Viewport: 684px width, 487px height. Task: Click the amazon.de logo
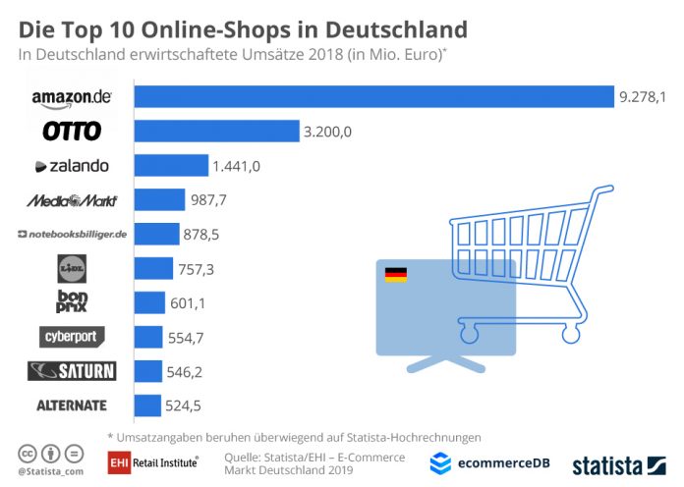[x=72, y=98]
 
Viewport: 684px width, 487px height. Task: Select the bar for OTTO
[x=216, y=131]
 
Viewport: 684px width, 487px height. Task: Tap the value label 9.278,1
[x=643, y=96]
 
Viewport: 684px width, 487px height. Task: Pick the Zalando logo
[x=72, y=166]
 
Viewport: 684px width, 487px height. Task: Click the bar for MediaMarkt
[x=159, y=200]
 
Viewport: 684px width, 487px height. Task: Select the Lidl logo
[x=72, y=268]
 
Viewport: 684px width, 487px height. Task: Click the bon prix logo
[x=72, y=301]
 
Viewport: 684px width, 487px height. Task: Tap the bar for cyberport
[x=147, y=337]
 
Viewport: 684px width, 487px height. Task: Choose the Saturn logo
[x=72, y=370]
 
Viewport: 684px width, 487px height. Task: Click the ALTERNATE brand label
[x=72, y=405]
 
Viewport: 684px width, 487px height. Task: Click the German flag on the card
[x=396, y=274]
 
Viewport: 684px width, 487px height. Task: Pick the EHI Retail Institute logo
[x=152, y=460]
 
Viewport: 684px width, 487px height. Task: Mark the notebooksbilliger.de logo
[x=72, y=235]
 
